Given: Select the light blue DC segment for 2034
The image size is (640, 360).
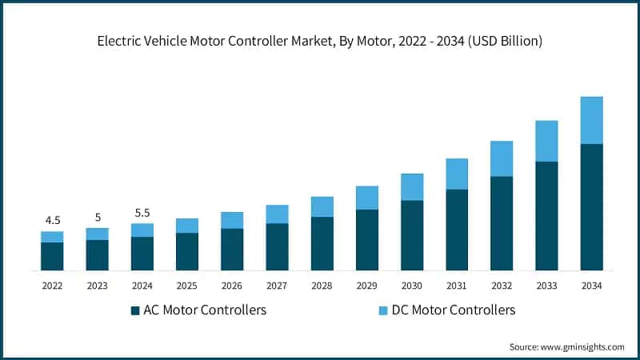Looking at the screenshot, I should click(x=591, y=120).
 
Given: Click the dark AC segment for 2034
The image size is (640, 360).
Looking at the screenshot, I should click(x=591, y=207).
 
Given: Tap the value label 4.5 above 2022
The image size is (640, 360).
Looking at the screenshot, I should click(x=52, y=220).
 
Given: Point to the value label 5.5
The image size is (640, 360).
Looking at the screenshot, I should click(x=142, y=213).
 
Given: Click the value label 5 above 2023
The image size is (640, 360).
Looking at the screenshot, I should click(x=97, y=217).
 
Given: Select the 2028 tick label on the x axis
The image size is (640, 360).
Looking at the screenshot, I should click(x=322, y=285).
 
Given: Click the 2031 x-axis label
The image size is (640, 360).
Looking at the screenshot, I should click(x=457, y=285).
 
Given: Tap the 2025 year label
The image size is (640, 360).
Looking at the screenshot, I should click(x=187, y=285).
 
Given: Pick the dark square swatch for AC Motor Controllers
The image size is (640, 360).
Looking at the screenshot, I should click(x=134, y=310).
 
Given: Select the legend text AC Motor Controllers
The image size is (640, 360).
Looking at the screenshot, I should click(x=204, y=310).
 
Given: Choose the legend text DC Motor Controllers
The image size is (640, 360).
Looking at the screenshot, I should click(x=452, y=310).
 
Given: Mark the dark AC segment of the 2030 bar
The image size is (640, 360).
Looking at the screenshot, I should click(x=412, y=235).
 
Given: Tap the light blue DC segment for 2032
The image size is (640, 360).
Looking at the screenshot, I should click(x=502, y=158).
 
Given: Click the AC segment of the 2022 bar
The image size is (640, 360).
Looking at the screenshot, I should click(x=52, y=256).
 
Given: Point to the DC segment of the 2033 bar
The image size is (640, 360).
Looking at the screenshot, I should click(x=546, y=141).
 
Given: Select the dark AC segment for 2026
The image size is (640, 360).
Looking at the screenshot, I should click(x=232, y=250).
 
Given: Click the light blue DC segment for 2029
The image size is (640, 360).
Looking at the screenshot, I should click(x=366, y=198).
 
